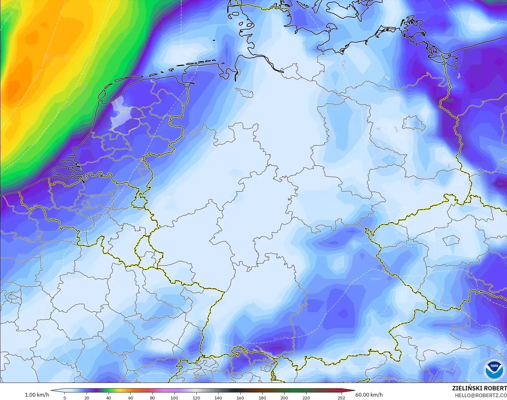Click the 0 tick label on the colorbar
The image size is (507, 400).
tap(65, 398)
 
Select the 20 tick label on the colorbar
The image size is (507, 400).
tap(87, 398)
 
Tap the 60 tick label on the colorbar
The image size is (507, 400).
tap(130, 398)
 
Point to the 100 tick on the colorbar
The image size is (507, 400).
tap(174, 398)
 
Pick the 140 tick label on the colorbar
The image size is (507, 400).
tap(218, 398)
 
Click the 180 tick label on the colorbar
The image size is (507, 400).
tap(262, 398)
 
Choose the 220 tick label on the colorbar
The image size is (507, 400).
tap(306, 398)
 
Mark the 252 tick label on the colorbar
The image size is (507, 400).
tap(341, 398)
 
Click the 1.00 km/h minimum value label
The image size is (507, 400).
tap(37, 395)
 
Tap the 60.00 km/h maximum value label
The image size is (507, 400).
tap(369, 395)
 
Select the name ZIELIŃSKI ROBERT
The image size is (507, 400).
tap(479, 389)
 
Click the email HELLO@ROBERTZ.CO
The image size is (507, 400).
tap(481, 395)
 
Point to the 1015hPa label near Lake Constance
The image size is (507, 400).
tap(281, 338)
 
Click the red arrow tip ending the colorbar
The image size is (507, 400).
tap(353, 391)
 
